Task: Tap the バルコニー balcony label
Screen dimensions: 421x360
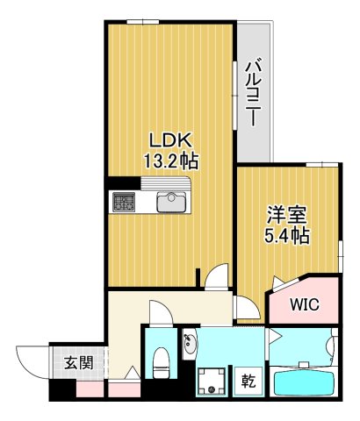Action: [254, 92]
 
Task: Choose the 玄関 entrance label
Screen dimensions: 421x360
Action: [77, 363]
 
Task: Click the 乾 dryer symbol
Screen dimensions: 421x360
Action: [248, 381]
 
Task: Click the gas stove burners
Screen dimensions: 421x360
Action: [121, 202]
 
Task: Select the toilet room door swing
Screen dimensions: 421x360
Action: [158, 313]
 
